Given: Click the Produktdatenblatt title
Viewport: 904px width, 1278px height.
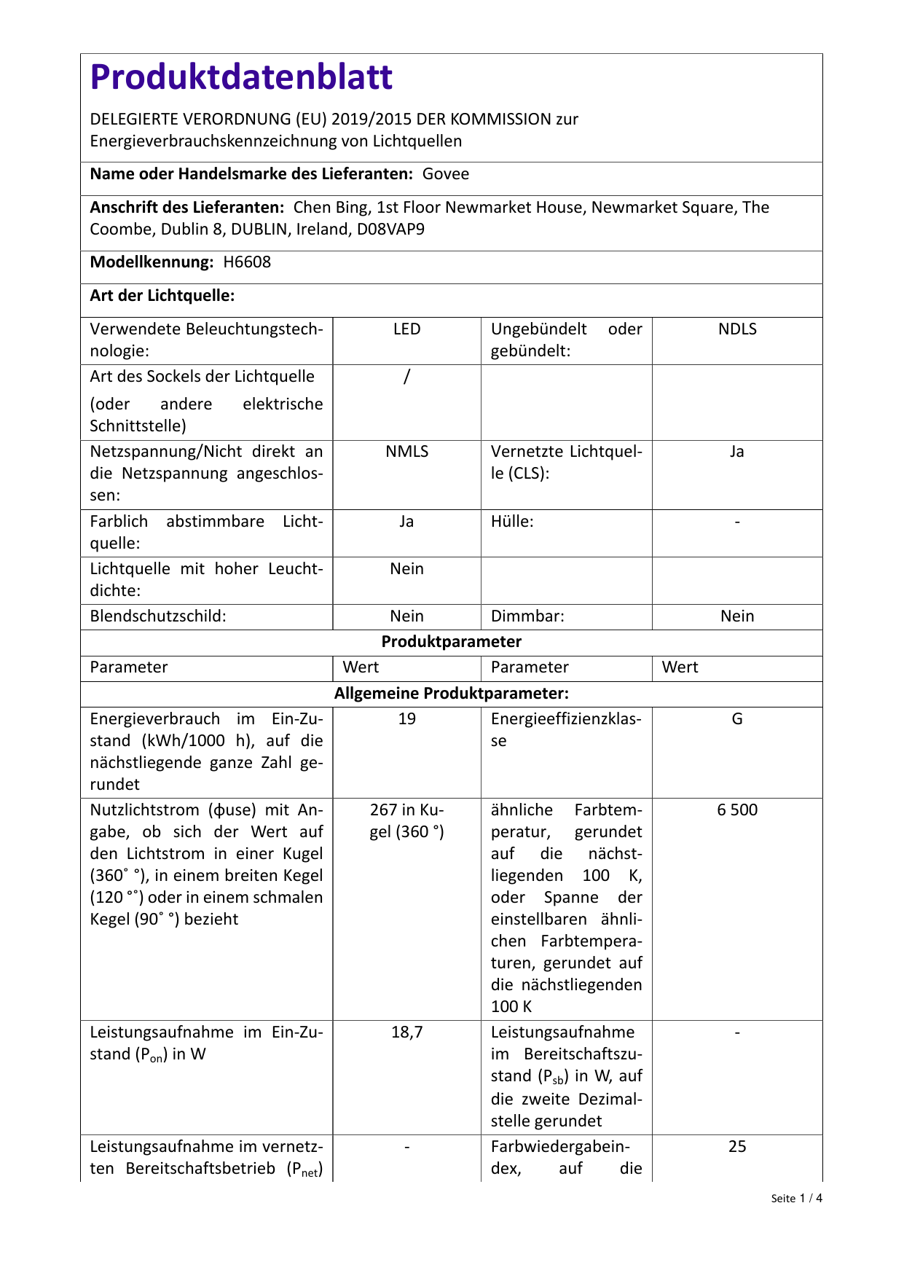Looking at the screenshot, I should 241,77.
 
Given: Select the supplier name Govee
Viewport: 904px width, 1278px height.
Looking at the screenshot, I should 446,174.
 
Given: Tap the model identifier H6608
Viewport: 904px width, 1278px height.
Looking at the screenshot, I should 247,262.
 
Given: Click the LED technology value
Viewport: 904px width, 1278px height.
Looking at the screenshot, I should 406,329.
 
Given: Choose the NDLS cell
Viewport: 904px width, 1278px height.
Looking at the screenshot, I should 737,329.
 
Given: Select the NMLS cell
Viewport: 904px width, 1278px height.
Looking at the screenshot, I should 406,452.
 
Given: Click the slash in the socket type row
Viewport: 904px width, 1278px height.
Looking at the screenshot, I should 406,377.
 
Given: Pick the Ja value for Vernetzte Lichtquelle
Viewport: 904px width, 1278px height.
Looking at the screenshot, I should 737,452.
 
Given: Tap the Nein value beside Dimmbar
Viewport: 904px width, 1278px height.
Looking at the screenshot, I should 737,616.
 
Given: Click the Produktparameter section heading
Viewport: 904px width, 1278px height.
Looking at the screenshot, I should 452,642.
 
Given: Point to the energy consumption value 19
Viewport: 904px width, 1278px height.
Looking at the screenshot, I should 406,719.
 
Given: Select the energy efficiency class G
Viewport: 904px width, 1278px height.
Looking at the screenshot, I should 737,719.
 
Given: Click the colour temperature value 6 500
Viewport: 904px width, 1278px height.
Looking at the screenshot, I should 737,810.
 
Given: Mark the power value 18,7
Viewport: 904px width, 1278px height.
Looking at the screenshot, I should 406,1032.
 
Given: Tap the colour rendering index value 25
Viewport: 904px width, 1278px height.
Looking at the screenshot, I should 737,1147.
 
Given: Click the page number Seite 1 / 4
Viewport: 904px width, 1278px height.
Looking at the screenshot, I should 796,1199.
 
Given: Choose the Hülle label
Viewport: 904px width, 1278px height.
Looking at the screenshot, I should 512,522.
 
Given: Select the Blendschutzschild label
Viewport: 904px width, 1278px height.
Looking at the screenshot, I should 158,616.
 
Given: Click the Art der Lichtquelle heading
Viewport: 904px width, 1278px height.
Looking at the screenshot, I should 162,296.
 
